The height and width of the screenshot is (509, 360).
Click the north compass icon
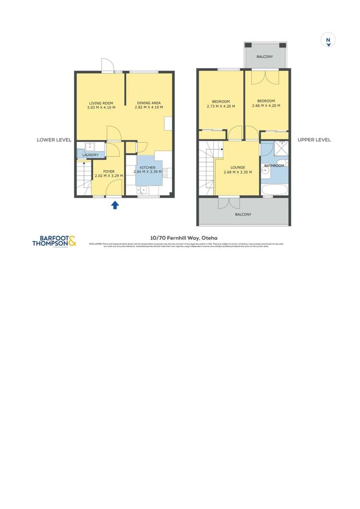tap(328, 41)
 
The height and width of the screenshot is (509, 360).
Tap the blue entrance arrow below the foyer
tap(115, 205)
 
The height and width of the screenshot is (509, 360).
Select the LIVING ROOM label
tap(101, 103)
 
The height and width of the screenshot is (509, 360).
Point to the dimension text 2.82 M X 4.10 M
tap(149, 108)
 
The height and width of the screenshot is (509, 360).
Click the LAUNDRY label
tap(90, 155)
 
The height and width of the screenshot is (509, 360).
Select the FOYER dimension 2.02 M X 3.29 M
tap(109, 176)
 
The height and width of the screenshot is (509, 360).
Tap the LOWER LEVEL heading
tap(54, 140)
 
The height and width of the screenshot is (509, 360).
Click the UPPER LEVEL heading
tap(314, 140)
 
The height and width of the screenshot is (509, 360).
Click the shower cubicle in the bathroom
tap(280, 148)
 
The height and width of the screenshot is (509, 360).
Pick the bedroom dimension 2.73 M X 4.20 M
tap(221, 106)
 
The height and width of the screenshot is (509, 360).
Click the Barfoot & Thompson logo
tap(54, 241)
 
